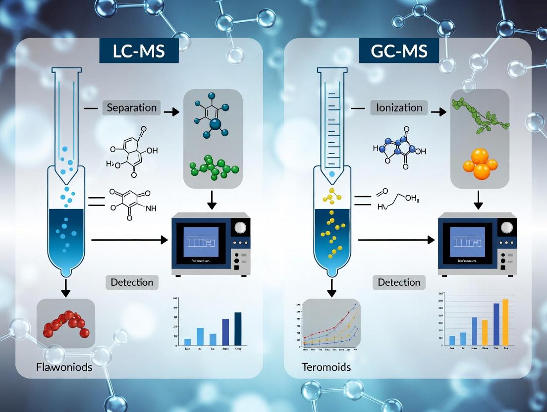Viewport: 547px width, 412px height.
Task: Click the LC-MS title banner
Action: (139, 51)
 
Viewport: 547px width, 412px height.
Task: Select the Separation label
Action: (131, 107)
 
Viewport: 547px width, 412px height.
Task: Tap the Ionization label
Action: (399, 107)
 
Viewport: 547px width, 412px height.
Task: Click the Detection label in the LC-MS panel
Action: (132, 282)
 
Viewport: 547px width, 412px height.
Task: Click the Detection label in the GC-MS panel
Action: (399, 282)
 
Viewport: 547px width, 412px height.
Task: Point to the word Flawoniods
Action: (64, 367)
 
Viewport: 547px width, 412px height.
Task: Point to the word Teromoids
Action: (326, 367)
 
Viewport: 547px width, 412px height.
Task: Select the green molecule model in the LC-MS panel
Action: (213, 168)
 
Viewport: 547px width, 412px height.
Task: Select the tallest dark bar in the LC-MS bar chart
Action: (238, 328)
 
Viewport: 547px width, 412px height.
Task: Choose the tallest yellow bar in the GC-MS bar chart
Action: (505, 322)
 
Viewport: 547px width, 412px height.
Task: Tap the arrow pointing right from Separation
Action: (171, 112)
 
